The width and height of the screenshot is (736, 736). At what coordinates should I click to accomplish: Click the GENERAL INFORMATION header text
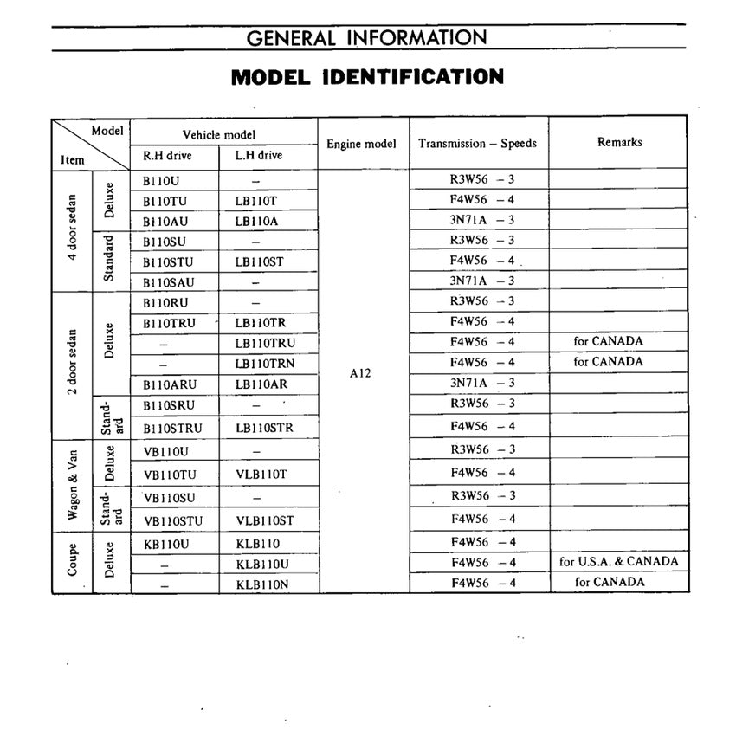367,37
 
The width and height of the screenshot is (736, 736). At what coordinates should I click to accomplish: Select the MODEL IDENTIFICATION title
367,76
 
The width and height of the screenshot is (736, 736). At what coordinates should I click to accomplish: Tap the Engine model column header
362,144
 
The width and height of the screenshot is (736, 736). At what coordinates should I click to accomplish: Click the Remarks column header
620,142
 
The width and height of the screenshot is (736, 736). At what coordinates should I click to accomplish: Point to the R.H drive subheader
167,156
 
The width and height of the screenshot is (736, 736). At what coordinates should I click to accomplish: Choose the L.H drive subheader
259,156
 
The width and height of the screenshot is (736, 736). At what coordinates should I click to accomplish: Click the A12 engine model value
362,373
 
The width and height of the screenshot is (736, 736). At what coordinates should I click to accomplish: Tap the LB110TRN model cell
265,363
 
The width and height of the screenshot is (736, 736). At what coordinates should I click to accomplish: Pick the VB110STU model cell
172,520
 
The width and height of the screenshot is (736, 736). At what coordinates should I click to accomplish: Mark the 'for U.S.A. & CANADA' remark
619,561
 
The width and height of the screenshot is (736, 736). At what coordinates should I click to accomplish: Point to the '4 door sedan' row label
74,229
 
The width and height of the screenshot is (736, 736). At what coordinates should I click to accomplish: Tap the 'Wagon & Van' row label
74,484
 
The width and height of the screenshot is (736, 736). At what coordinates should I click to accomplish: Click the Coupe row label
74,561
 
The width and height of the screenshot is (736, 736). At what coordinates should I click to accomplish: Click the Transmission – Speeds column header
478,144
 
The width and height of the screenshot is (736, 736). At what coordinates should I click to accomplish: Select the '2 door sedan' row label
74,363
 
